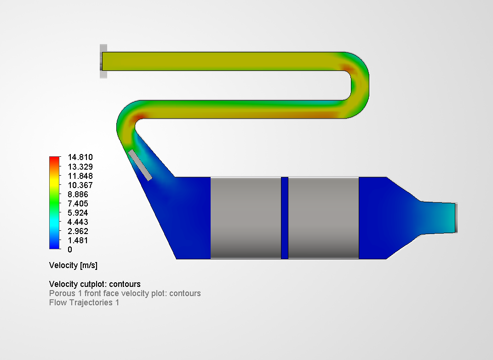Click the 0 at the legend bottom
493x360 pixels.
coord(69,250)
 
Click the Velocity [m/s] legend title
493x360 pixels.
coord(73,266)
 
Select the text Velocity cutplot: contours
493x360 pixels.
coord(95,284)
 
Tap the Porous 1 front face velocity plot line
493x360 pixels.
coord(125,293)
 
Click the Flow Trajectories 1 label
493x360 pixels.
coord(84,303)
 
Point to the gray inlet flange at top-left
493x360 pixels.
coord(103,61)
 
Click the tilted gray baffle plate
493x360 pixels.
coord(140,165)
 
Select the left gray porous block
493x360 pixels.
coord(246,217)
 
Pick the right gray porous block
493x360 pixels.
coord(323,217)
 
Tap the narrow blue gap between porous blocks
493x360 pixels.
coord(285,217)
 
